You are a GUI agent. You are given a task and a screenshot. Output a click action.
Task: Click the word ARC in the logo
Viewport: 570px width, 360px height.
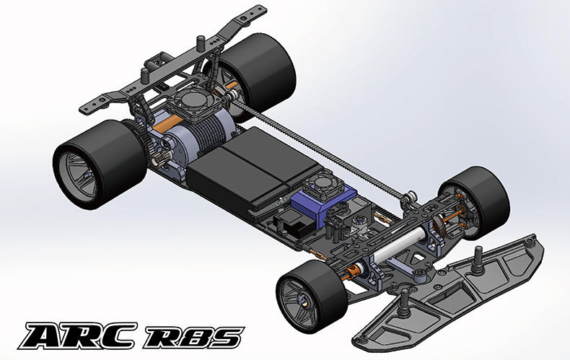coord(78,336)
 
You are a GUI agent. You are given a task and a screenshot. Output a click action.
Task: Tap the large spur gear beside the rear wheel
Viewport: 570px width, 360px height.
coord(140,139)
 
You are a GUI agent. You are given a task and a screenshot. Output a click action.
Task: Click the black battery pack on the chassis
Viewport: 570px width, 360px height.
coord(255,168)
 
